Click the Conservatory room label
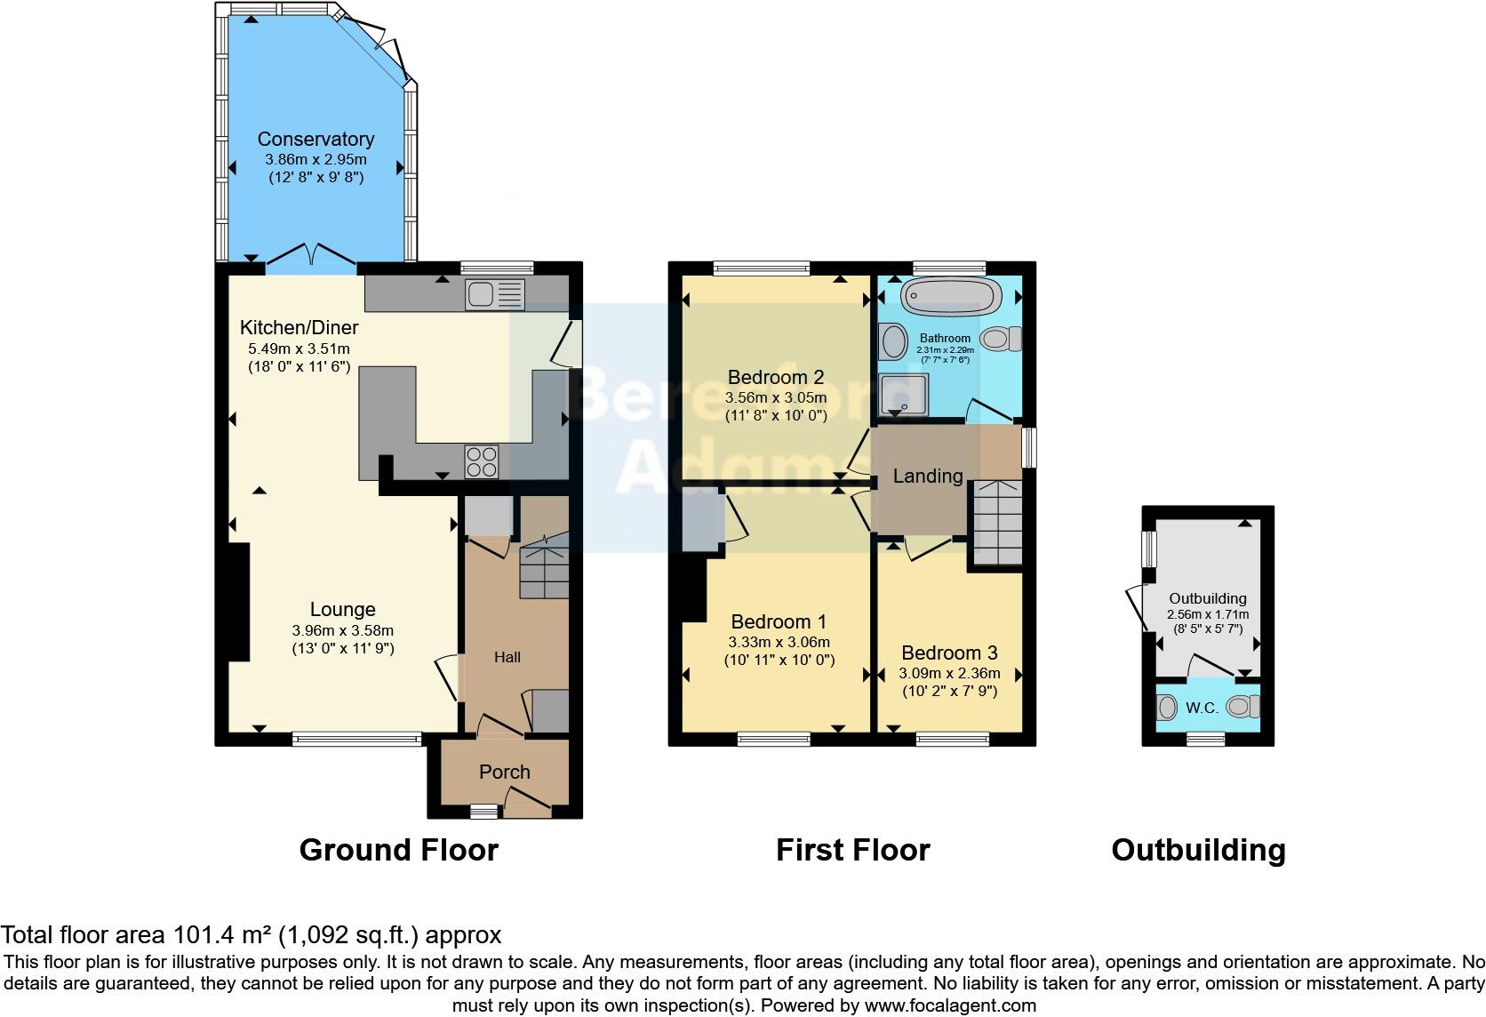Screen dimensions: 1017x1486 point(316,139)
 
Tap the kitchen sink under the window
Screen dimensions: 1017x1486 point(496,294)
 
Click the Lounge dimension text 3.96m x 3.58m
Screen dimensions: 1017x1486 point(342,630)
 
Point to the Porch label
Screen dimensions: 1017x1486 point(504,772)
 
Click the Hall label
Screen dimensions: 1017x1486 point(507,657)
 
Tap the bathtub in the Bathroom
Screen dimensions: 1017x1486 point(951,297)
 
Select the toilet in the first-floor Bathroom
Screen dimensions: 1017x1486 point(1003,338)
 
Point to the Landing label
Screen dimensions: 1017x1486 point(927,476)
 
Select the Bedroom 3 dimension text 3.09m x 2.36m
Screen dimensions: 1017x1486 point(949,673)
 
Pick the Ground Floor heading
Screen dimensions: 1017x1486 point(398,850)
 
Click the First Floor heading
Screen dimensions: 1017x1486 point(852,850)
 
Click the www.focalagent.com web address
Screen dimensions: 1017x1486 point(951,1005)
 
